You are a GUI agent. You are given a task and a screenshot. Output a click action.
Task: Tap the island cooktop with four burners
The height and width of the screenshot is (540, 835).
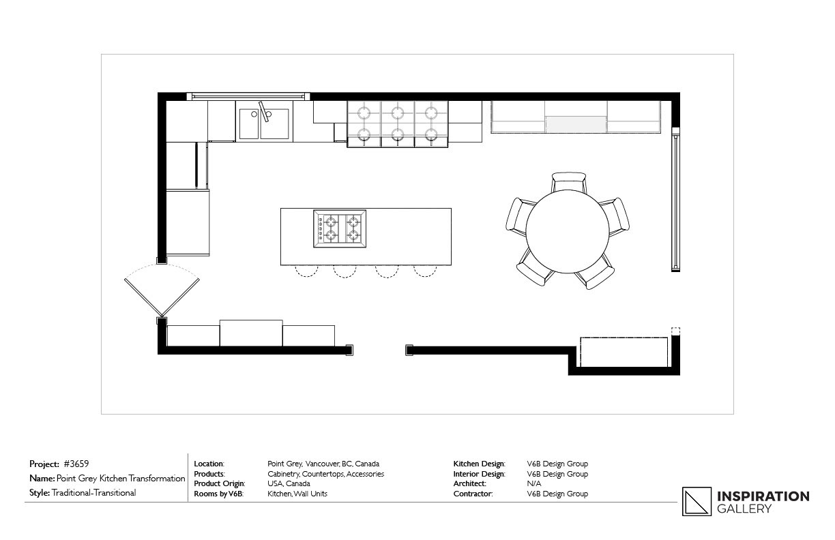pos(340,229)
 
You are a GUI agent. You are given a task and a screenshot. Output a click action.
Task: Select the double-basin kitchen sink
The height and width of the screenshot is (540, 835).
pos(264,123)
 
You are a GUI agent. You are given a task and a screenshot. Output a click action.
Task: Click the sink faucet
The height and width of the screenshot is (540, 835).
pos(264,111)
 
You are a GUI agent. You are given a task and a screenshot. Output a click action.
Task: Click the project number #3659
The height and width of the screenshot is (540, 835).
pos(76,464)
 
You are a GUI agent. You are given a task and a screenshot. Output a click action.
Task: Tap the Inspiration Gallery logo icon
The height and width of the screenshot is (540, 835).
pos(697,501)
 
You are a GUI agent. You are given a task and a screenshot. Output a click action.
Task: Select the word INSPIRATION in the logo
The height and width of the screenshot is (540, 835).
pos(763,496)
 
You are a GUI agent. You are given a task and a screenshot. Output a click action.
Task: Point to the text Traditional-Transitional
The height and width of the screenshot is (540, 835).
pos(94,493)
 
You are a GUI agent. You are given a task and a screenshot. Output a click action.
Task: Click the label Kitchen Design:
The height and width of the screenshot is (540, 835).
pos(479,464)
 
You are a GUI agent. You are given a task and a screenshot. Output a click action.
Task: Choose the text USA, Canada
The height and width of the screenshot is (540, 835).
pos(289,483)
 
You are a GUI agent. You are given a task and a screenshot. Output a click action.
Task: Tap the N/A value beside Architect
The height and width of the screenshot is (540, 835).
pos(533,483)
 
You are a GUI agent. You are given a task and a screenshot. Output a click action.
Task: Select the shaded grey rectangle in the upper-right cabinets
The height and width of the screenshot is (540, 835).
pos(576,124)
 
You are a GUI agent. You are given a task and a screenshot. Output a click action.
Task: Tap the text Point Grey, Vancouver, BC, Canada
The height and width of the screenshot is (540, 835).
pos(323,464)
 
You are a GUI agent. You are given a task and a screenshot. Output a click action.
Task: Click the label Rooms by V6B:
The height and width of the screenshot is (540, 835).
pos(218,494)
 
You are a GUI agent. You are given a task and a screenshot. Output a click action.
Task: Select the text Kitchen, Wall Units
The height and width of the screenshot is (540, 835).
pos(297,494)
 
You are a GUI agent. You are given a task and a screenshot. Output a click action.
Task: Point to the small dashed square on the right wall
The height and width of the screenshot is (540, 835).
pos(675,331)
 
